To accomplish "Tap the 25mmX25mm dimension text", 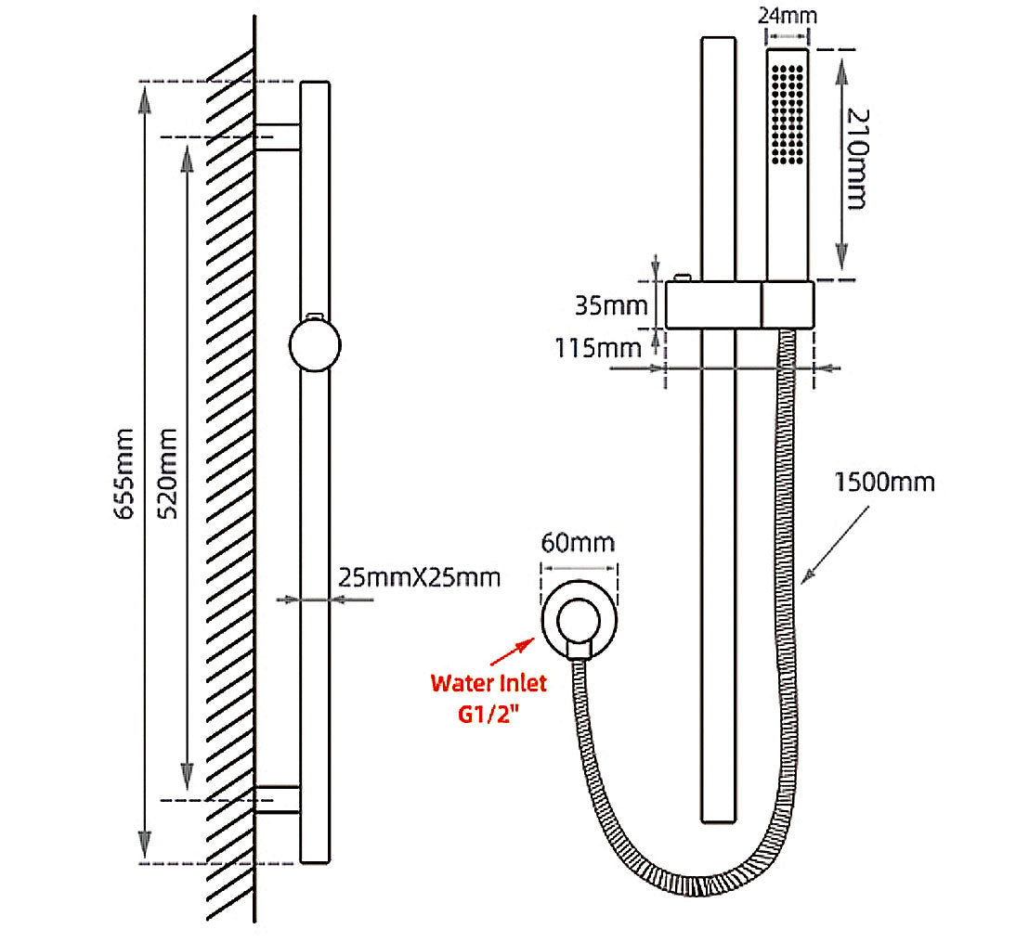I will coord(419,577).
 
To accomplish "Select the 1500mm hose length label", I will coord(884,483).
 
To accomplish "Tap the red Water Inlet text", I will coord(488,683).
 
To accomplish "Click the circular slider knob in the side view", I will coord(316,345).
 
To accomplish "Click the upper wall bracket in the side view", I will coord(278,136).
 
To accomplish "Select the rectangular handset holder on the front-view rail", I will coord(739,304).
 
